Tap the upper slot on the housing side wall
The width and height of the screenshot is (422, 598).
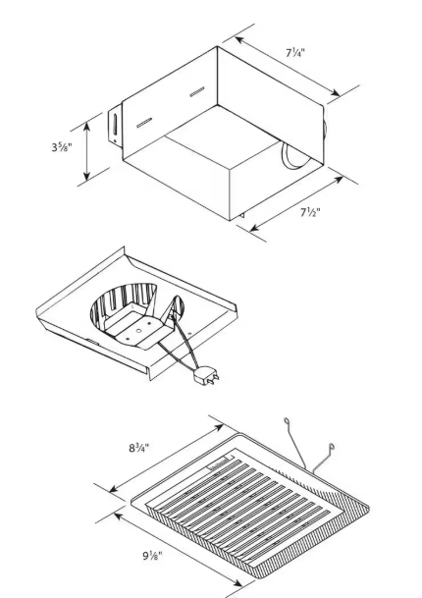point(197,92)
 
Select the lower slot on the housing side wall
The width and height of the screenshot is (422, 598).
point(145,124)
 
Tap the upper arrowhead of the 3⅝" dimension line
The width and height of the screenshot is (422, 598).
point(87,123)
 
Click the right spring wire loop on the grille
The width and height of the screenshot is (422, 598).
point(335,450)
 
